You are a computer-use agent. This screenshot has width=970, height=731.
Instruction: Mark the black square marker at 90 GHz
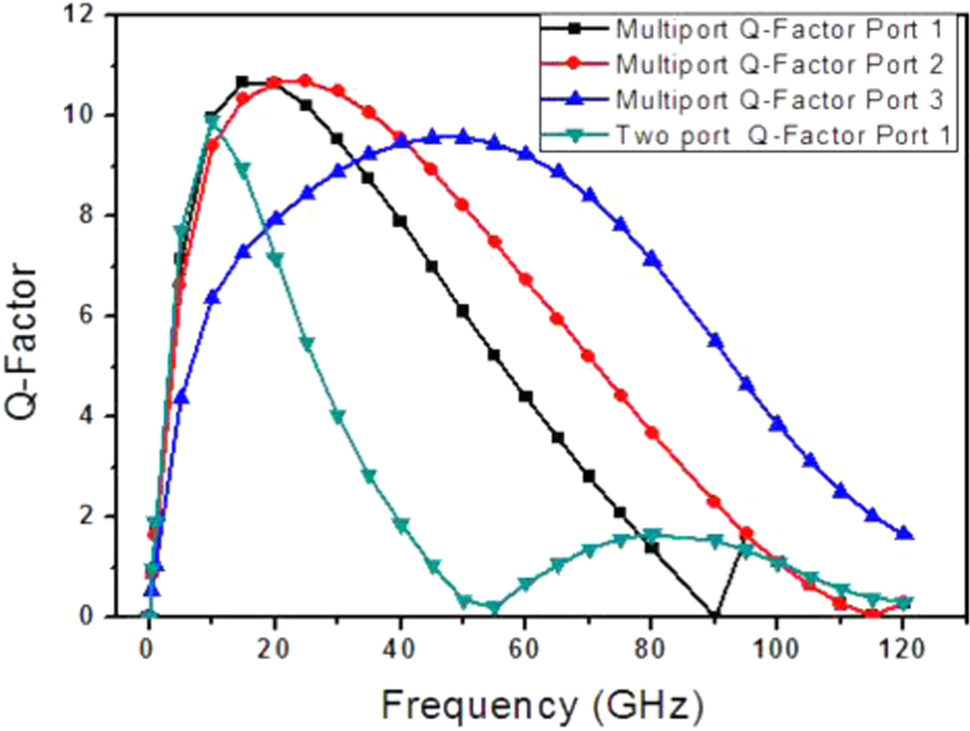coord(715,616)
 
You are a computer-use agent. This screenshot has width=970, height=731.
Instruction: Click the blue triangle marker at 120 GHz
coord(904,534)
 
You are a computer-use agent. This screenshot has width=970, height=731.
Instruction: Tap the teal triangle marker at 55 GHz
coord(495,608)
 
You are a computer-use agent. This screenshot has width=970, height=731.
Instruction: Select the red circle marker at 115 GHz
coord(872,615)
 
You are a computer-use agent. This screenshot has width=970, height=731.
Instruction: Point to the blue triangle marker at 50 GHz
coord(464,136)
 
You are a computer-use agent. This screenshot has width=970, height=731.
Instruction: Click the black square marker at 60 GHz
coord(526,396)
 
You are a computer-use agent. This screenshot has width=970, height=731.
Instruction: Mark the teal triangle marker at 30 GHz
coord(338,416)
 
